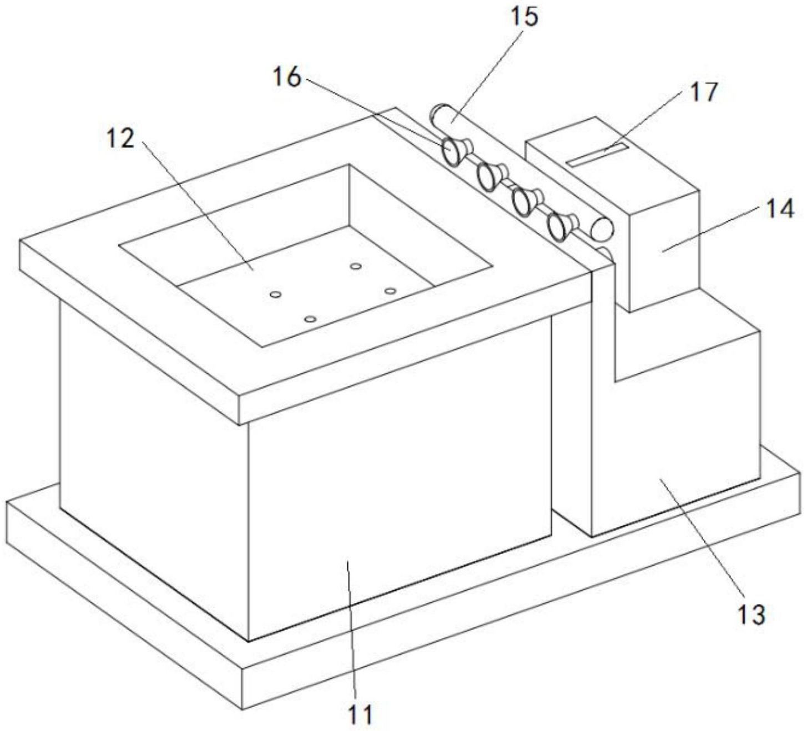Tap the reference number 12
120,139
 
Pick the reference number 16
287,77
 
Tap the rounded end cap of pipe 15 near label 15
440,114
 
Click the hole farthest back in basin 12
356,266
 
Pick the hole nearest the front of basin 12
310,319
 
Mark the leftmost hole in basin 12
275,294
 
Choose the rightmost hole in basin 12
390,291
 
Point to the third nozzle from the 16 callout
524,201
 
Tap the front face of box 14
663,250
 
